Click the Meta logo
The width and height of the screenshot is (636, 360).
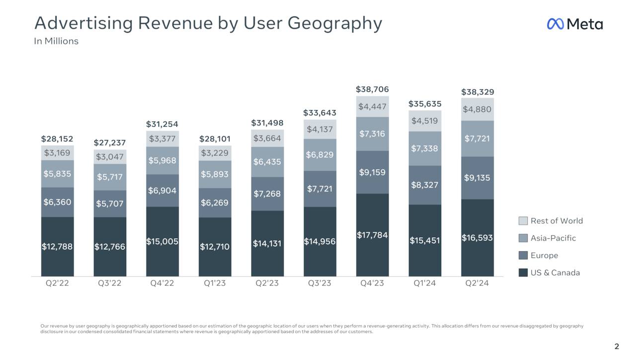tap(575, 24)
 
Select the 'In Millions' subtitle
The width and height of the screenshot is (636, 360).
tap(56, 41)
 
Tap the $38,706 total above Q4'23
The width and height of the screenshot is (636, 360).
tap(372, 89)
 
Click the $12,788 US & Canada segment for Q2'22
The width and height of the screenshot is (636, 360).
tap(58, 247)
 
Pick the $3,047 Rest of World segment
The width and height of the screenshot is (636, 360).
tap(110, 157)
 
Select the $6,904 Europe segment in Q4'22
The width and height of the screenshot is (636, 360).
tap(162, 191)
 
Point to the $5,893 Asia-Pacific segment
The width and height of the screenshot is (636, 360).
tap(215, 174)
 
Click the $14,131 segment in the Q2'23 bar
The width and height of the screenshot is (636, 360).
tap(267, 244)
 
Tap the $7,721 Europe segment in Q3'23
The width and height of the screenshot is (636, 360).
tap(319, 189)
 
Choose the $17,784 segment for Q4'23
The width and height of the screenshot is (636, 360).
tap(372, 235)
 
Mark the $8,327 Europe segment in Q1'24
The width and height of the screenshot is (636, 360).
tap(424, 185)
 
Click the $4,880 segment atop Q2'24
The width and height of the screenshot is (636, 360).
tap(477, 109)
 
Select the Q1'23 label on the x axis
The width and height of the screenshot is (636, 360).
tap(215, 284)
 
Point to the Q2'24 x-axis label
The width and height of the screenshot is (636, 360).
tap(477, 284)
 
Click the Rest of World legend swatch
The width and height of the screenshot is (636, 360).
tap(523, 221)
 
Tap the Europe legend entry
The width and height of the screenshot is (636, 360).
tap(544, 255)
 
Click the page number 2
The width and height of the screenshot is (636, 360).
tap(617, 347)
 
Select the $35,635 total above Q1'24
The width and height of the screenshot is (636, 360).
tap(424, 104)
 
